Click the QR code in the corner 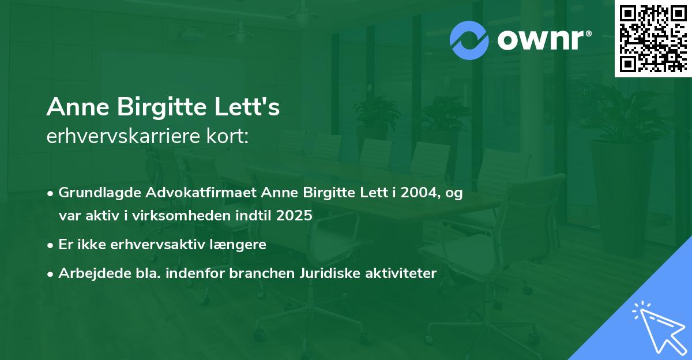pos(653,38)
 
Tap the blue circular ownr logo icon pos(469,40)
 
